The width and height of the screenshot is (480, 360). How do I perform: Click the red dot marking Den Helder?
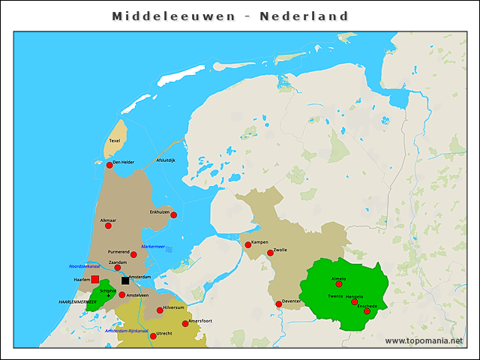point(109,165)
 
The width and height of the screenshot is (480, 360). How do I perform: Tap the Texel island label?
point(115,140)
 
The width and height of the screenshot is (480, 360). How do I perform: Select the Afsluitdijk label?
point(166,160)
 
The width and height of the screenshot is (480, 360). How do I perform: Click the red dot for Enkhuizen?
point(173,215)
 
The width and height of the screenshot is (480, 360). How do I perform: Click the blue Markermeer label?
point(153,246)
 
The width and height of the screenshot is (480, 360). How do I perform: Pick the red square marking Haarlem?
point(95,280)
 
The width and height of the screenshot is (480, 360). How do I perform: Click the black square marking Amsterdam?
point(125,281)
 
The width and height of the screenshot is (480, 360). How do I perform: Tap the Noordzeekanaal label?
point(85,265)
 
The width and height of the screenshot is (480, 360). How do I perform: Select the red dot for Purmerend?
point(133,255)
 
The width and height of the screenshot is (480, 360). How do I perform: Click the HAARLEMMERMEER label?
point(78,301)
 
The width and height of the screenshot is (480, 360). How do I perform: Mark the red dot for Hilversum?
point(160,310)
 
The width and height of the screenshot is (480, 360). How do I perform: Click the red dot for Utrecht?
point(153,336)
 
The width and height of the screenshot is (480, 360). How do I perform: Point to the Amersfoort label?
point(200,320)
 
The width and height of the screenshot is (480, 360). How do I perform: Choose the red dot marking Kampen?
point(248,244)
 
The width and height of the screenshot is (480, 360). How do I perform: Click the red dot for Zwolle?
point(270,253)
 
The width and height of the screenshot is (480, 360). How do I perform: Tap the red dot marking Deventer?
point(279,304)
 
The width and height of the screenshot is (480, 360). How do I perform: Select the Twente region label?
point(335,296)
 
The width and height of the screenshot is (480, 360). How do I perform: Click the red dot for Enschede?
point(367,310)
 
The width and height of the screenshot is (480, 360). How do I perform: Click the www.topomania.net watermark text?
point(424,340)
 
